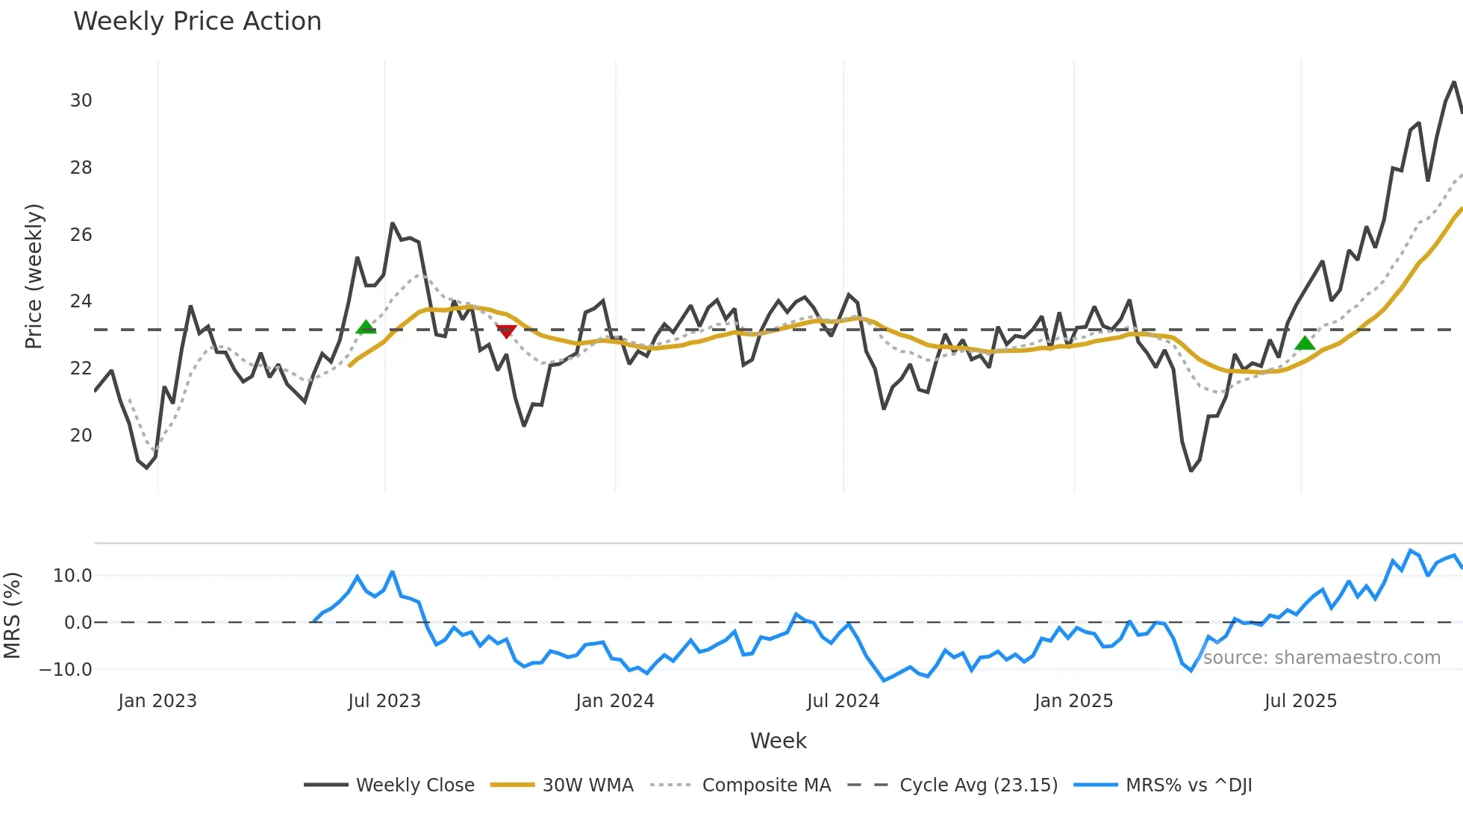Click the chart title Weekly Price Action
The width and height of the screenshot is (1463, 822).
point(197,21)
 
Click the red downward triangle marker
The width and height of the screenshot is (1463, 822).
point(506,331)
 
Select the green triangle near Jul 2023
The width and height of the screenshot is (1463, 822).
point(366,327)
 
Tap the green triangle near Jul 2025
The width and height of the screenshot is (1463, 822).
point(1304,343)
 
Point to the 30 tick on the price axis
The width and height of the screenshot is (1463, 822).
point(81,101)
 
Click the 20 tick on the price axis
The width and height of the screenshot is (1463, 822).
point(81,436)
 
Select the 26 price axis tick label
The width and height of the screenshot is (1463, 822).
point(81,235)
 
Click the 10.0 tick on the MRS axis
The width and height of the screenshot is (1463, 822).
point(72,576)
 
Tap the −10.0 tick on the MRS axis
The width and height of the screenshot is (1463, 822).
point(66,670)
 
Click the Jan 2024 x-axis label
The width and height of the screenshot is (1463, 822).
point(614,701)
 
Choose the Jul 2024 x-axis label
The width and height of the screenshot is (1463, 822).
point(843,701)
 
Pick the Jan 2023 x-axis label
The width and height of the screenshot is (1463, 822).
point(157,701)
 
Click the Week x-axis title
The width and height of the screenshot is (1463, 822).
point(778,741)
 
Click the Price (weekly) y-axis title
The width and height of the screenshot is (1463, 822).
point(34,276)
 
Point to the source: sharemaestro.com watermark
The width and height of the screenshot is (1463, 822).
point(1321,658)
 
